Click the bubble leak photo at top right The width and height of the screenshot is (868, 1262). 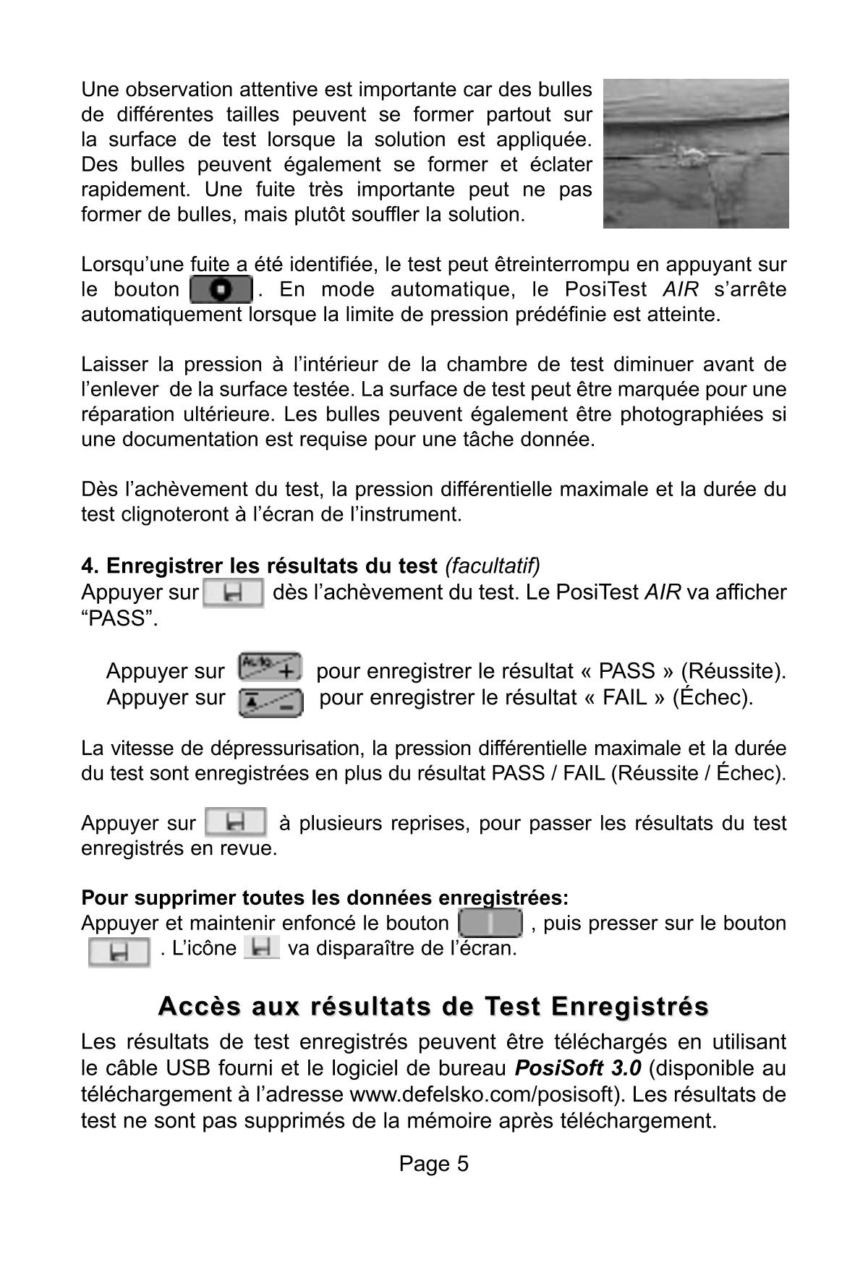coord(696,153)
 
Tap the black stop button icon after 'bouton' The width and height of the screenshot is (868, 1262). coord(221,290)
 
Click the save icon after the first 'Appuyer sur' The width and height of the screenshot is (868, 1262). coord(233,593)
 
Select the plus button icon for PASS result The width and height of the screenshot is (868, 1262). coord(270,666)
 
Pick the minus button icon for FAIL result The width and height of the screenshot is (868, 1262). coord(270,701)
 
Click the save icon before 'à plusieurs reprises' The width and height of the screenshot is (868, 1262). coord(236,822)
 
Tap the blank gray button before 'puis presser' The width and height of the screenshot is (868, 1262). coord(490,924)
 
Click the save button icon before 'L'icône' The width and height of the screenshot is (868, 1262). coord(119,952)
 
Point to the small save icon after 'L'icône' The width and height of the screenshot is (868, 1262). coord(261,947)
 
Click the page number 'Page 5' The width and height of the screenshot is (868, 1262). coord(433,1164)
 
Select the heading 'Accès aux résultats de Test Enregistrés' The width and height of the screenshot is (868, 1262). coord(433,1006)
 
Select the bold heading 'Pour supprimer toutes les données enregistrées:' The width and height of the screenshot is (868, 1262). coord(325,898)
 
